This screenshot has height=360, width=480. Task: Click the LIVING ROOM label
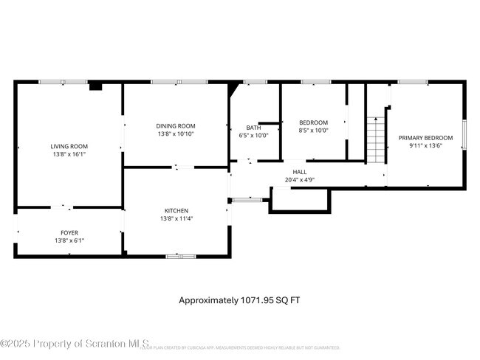coord(69,146)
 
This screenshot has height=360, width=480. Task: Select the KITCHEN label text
coord(176,210)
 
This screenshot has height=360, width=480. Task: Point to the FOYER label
coord(69,233)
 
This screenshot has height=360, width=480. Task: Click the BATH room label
coord(254,128)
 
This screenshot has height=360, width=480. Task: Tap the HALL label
coord(300,172)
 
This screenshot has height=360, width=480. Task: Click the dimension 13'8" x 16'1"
coord(69,154)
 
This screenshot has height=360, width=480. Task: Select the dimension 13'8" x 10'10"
coord(176,134)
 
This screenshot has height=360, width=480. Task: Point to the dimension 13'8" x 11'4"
coord(176,218)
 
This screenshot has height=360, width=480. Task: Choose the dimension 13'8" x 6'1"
coord(69,241)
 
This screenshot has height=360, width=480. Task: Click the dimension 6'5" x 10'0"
coord(254,136)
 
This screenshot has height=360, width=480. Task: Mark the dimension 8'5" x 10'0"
coord(313,131)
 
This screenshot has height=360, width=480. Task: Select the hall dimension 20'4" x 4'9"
coord(300,180)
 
